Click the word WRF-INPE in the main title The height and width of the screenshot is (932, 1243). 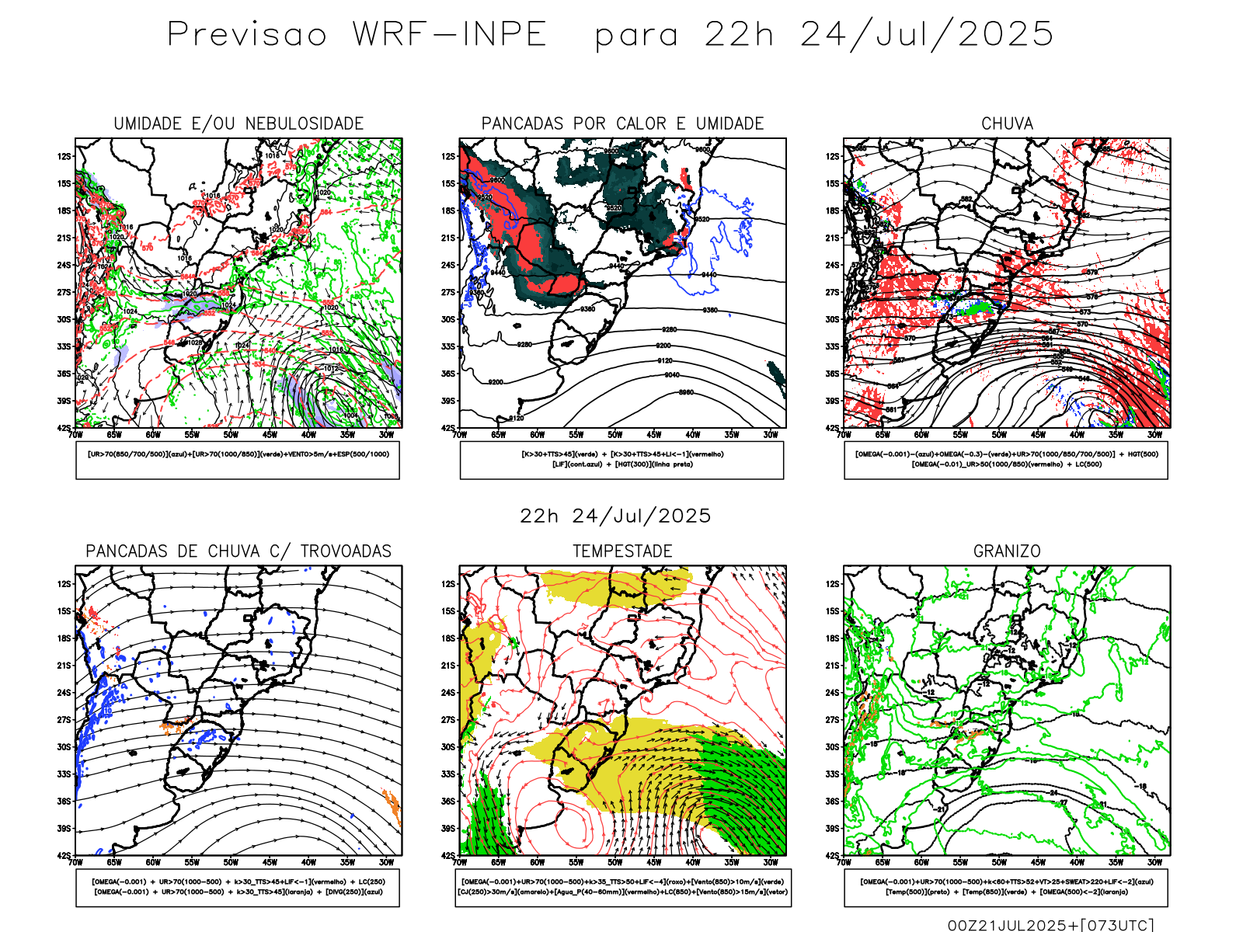tap(450, 35)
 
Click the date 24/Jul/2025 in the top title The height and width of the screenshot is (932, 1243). tap(927, 35)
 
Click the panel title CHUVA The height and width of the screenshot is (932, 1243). tap(1007, 123)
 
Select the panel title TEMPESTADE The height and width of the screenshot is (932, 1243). tap(622, 551)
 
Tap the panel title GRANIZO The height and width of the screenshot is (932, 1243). tap(1007, 551)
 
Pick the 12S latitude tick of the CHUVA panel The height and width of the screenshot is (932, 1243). tap(833, 157)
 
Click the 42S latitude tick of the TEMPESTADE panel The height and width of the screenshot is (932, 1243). tap(449, 856)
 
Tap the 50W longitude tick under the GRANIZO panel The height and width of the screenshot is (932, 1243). tap(999, 862)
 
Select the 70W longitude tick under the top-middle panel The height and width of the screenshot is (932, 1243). tap(460, 435)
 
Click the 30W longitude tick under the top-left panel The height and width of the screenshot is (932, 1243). tap(386, 435)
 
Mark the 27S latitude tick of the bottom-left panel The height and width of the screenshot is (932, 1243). tap(64, 720)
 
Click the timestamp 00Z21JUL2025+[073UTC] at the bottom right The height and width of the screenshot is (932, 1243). tap(1050, 925)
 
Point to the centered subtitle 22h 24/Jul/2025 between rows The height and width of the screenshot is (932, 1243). tap(615, 516)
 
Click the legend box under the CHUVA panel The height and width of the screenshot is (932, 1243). tap(1006, 460)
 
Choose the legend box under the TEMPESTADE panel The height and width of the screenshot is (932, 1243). tap(623, 887)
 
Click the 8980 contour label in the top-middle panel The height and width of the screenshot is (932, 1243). tap(686, 393)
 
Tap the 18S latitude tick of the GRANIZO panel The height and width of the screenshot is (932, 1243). tap(833, 638)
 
